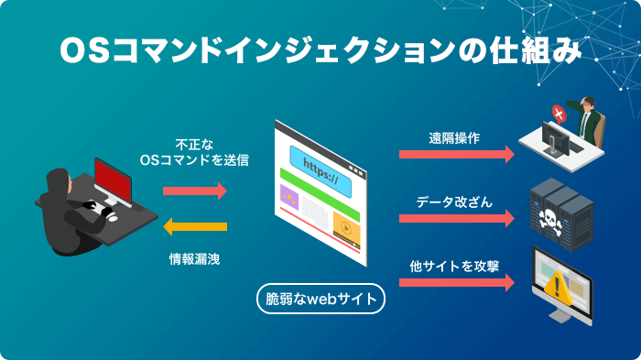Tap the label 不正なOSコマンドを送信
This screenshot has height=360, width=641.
click(194, 152)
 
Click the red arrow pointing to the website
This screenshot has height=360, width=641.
click(195, 191)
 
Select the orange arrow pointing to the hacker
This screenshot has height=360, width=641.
click(195, 226)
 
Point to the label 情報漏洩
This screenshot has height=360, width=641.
click(194, 259)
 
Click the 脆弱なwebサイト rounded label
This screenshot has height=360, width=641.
click(320, 300)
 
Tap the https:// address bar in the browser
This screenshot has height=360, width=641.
click(320, 169)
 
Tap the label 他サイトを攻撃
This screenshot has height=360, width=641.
click(454, 266)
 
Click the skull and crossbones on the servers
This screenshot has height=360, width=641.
click(556, 219)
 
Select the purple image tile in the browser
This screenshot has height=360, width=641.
click(289, 195)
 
